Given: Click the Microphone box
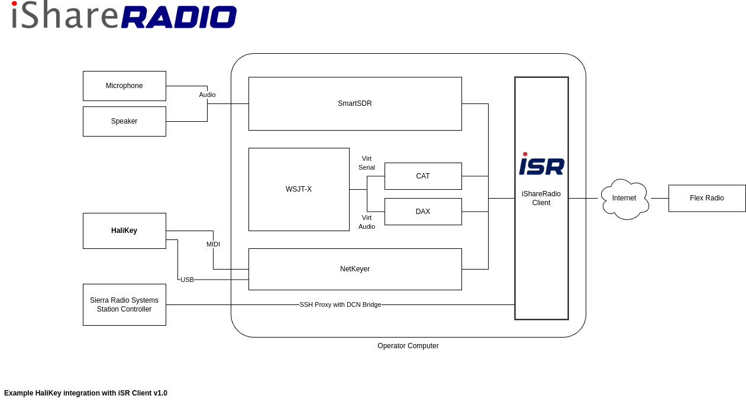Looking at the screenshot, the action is pyautogui.click(x=124, y=86).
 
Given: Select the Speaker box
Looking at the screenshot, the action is pyautogui.click(x=124, y=121).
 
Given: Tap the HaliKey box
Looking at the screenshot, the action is pyautogui.click(x=124, y=231).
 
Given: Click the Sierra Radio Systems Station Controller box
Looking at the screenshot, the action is pyautogui.click(x=124, y=304).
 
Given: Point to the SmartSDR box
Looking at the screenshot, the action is pyautogui.click(x=355, y=103).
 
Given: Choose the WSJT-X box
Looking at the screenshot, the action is pyautogui.click(x=299, y=189).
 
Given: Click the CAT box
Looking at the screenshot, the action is pyautogui.click(x=423, y=176).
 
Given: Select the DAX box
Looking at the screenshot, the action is pyautogui.click(x=423, y=212).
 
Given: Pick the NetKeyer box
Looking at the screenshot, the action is pyautogui.click(x=355, y=269).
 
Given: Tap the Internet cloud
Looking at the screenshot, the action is pyautogui.click(x=625, y=199).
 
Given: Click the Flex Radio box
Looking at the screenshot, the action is pyautogui.click(x=707, y=198).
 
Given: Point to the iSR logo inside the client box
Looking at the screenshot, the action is pyautogui.click(x=541, y=164).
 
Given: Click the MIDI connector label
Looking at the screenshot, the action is pyautogui.click(x=213, y=244).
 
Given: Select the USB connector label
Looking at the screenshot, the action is pyautogui.click(x=187, y=280).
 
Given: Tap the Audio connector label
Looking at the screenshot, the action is pyautogui.click(x=207, y=95).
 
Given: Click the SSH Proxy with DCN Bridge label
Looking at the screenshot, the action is pyautogui.click(x=340, y=304).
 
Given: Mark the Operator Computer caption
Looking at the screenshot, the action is pyautogui.click(x=408, y=346).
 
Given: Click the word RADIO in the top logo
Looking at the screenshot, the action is pyautogui.click(x=179, y=17).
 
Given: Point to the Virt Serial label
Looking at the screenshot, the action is pyautogui.click(x=367, y=163).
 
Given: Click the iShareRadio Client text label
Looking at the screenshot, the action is pyautogui.click(x=541, y=198).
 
